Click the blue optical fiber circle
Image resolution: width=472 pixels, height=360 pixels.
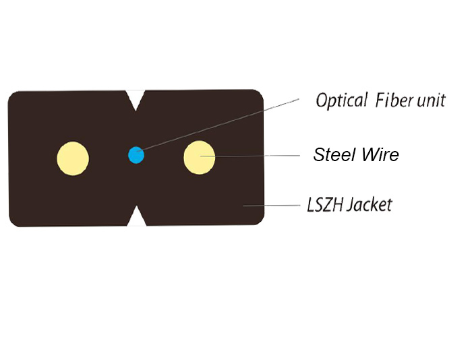tap(136, 155)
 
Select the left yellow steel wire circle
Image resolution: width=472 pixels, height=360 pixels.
tap(73, 158)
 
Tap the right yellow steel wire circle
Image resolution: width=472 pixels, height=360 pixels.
tap(200, 158)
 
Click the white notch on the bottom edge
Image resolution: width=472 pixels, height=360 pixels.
tap(137, 216)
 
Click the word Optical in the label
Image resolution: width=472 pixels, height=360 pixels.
tap(341, 100)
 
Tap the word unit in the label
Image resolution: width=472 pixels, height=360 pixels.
tap(431, 100)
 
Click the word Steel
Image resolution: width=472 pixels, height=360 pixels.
tap(334, 154)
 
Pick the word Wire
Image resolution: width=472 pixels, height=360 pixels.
tap(380, 154)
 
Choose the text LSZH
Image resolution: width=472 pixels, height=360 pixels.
tap(325, 205)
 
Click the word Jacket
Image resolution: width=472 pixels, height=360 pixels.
tap(370, 205)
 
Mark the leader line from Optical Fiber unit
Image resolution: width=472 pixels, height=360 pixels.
tap(218, 125)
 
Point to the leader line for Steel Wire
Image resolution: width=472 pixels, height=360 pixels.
tap(250, 156)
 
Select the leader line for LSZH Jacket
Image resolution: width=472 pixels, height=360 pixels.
tap(272, 206)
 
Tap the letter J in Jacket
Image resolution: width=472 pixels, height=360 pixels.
tap(351, 205)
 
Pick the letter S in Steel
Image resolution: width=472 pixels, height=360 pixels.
tap(320, 154)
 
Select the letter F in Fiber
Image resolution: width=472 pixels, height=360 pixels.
tap(380, 100)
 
